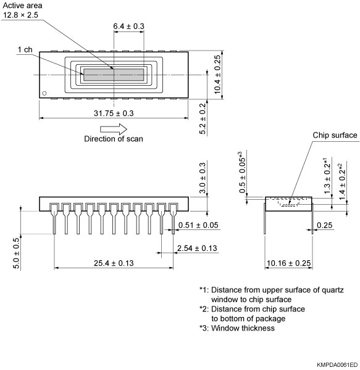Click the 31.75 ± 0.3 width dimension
113,113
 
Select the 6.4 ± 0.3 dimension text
128,26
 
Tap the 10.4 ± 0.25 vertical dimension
217,74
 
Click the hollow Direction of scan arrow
114,128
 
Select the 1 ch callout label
25,49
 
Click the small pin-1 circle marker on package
44,94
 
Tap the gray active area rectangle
114,75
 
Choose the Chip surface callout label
335,135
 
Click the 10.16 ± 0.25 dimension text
288,263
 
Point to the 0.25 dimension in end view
325,226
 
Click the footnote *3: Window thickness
237,328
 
